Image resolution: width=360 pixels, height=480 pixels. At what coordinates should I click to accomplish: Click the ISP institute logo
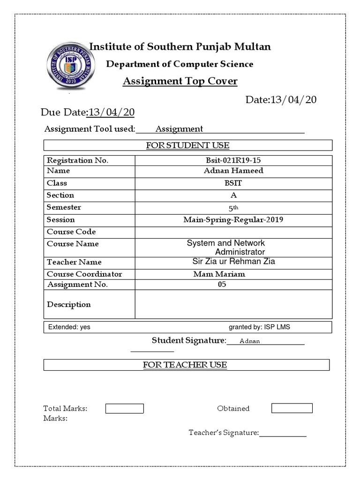(x=71, y=66)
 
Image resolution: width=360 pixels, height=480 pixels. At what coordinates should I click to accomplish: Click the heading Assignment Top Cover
(x=180, y=82)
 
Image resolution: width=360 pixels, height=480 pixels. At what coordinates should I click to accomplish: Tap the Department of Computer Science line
(x=180, y=64)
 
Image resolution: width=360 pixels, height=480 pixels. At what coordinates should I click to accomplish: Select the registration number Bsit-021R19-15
(x=233, y=160)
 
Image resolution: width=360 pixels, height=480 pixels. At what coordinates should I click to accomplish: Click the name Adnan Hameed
(x=233, y=171)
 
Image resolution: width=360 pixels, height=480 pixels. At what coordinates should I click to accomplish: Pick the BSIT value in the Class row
(x=233, y=183)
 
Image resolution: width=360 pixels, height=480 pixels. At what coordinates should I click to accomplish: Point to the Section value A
(x=233, y=195)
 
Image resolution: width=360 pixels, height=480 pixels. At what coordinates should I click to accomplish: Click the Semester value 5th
(x=233, y=208)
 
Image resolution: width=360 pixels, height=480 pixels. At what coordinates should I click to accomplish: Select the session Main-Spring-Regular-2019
(x=233, y=219)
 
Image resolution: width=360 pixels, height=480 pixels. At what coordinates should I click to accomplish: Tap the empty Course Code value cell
(x=233, y=232)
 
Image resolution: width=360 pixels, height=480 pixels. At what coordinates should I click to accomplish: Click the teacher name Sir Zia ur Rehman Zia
(x=233, y=262)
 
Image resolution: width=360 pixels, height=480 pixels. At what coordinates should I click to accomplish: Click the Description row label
(x=69, y=304)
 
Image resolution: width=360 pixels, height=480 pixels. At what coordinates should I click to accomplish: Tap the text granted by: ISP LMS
(x=259, y=327)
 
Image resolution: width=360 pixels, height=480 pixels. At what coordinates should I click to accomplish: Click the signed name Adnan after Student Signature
(x=249, y=341)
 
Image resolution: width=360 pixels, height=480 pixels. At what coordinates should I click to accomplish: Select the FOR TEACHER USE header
(x=185, y=365)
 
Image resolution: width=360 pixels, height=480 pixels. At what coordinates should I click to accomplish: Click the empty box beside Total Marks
(x=124, y=408)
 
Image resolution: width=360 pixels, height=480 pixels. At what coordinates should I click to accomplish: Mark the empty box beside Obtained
(x=292, y=408)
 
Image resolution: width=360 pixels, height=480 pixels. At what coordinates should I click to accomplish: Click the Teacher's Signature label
(x=224, y=433)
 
